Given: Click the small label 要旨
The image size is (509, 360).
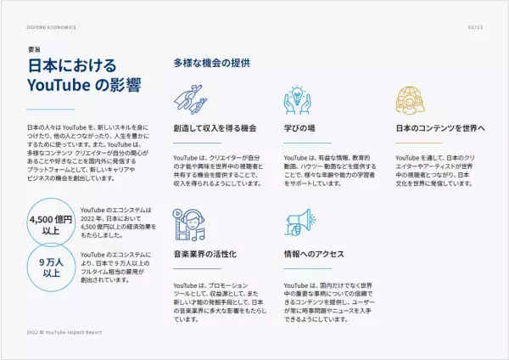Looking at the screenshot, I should tap(34, 50).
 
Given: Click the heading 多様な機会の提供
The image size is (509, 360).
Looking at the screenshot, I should tap(211, 63).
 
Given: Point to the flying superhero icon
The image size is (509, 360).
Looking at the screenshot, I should tap(193, 99).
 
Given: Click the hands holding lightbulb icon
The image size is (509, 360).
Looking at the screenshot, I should tap(297, 100).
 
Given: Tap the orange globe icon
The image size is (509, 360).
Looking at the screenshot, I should tap(410, 100).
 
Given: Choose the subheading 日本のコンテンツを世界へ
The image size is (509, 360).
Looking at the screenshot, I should tap(440, 128).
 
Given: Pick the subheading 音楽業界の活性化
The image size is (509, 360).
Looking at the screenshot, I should tap(204, 254).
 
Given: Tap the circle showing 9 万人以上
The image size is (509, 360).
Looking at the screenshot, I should tap(50, 267).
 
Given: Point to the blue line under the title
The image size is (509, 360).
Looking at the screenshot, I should tap(51, 110).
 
